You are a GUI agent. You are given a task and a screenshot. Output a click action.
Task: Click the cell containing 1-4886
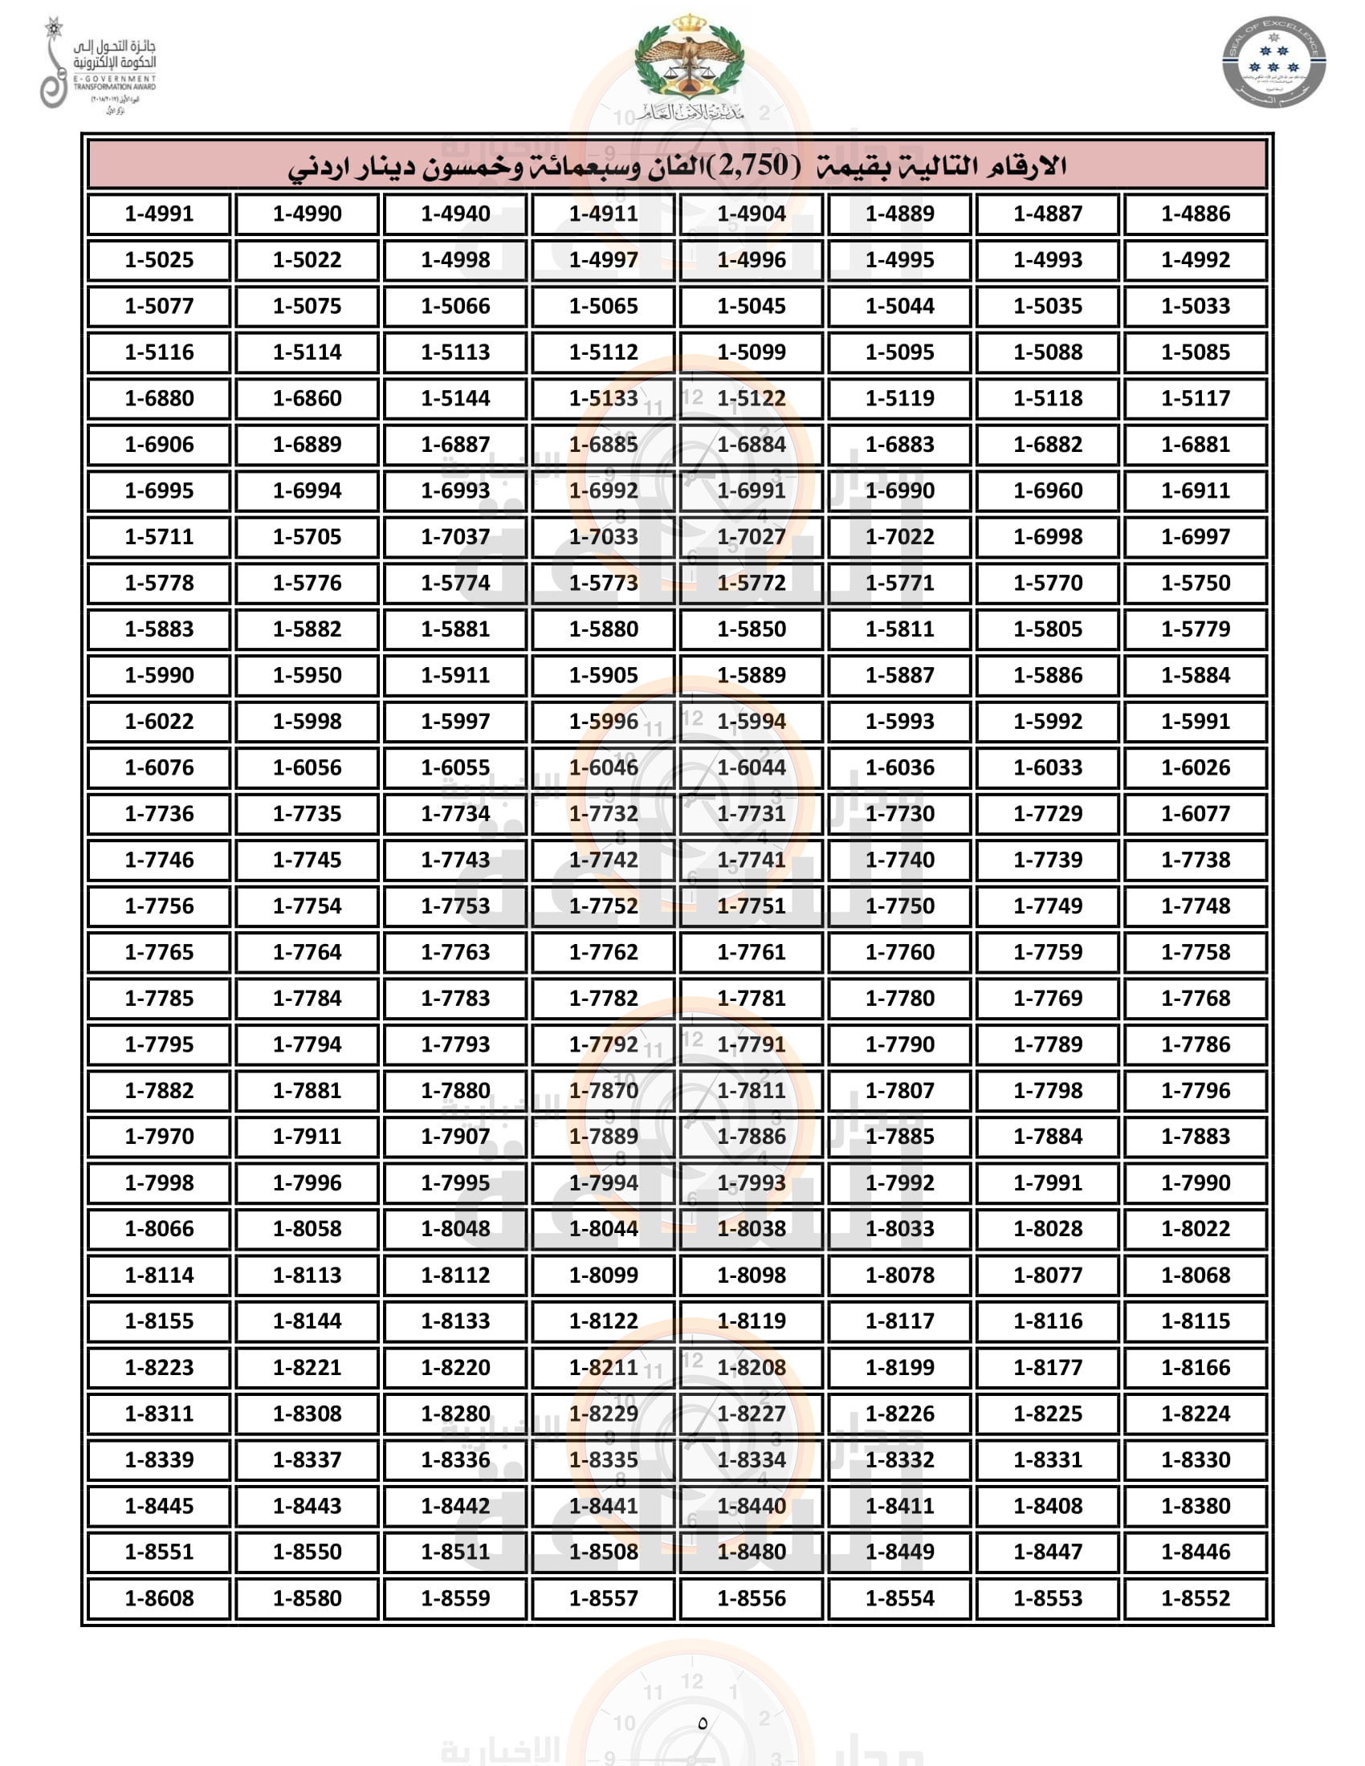[x=1196, y=214]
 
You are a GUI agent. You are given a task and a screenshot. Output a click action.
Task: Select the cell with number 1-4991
[x=159, y=214]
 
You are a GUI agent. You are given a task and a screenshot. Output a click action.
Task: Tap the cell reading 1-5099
[x=752, y=352]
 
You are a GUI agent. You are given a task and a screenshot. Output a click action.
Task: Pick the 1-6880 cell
[x=159, y=398]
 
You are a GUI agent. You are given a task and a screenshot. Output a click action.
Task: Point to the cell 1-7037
[x=455, y=536]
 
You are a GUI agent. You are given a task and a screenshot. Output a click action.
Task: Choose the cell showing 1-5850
[x=752, y=629]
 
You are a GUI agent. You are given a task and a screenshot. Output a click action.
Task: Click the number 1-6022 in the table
[x=159, y=721]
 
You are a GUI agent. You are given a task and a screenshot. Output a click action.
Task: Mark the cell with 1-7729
[x=1048, y=812]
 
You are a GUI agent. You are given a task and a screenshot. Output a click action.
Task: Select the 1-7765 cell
[x=159, y=952]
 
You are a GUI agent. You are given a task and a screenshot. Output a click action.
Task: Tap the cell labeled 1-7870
[x=603, y=1090]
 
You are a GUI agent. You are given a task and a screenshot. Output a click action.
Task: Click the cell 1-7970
[x=159, y=1136]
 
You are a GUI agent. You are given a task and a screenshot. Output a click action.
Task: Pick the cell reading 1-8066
[x=159, y=1228]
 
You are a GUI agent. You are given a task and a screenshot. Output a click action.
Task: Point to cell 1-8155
[x=159, y=1320]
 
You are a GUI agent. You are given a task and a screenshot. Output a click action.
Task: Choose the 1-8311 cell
[x=159, y=1414]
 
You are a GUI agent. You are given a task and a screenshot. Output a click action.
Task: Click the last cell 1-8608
[x=159, y=1597]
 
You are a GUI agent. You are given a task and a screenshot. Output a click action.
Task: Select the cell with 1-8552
[x=1196, y=1597]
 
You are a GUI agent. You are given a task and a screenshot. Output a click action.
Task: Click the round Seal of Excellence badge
[x=1273, y=63]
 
